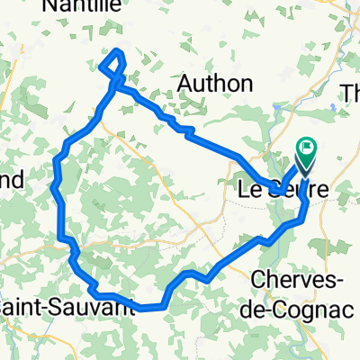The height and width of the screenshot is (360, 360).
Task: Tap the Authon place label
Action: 213,84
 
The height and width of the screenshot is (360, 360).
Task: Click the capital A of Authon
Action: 185,84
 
